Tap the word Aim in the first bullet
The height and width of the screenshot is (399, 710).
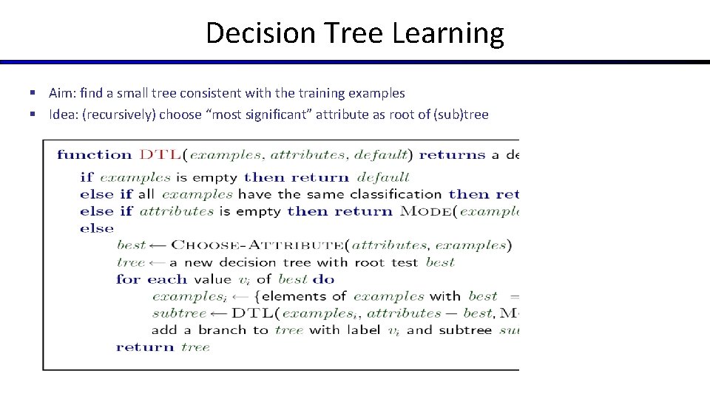tap(60, 93)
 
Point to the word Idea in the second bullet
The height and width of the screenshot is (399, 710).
tap(61, 115)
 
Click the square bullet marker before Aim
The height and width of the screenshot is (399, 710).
tap(33, 93)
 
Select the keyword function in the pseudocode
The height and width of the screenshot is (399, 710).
tap(94, 154)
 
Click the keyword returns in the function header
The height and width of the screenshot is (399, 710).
tap(452, 154)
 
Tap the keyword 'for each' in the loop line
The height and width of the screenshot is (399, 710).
tap(152, 279)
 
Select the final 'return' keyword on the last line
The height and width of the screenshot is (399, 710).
tap(145, 347)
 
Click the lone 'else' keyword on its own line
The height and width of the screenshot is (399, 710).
tap(97, 228)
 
